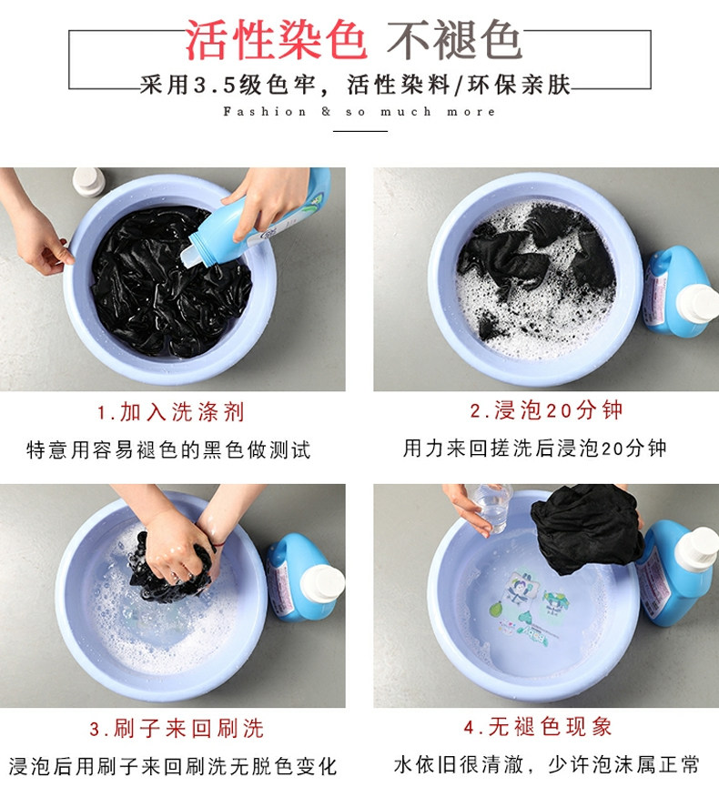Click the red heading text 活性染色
point(276,41)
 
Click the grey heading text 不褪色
point(454,41)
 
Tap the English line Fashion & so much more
point(359,112)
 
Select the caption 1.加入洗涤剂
point(171,412)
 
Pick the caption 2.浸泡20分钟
point(546,410)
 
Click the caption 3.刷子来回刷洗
point(177,729)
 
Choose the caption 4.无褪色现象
point(538,727)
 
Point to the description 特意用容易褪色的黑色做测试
point(168,449)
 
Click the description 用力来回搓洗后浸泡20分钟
point(534,449)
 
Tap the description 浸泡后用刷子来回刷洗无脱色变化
point(173,766)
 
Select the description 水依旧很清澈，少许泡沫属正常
point(547,765)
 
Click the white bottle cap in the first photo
point(88,181)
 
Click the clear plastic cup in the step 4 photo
point(491,508)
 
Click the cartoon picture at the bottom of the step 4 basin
point(530,608)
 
